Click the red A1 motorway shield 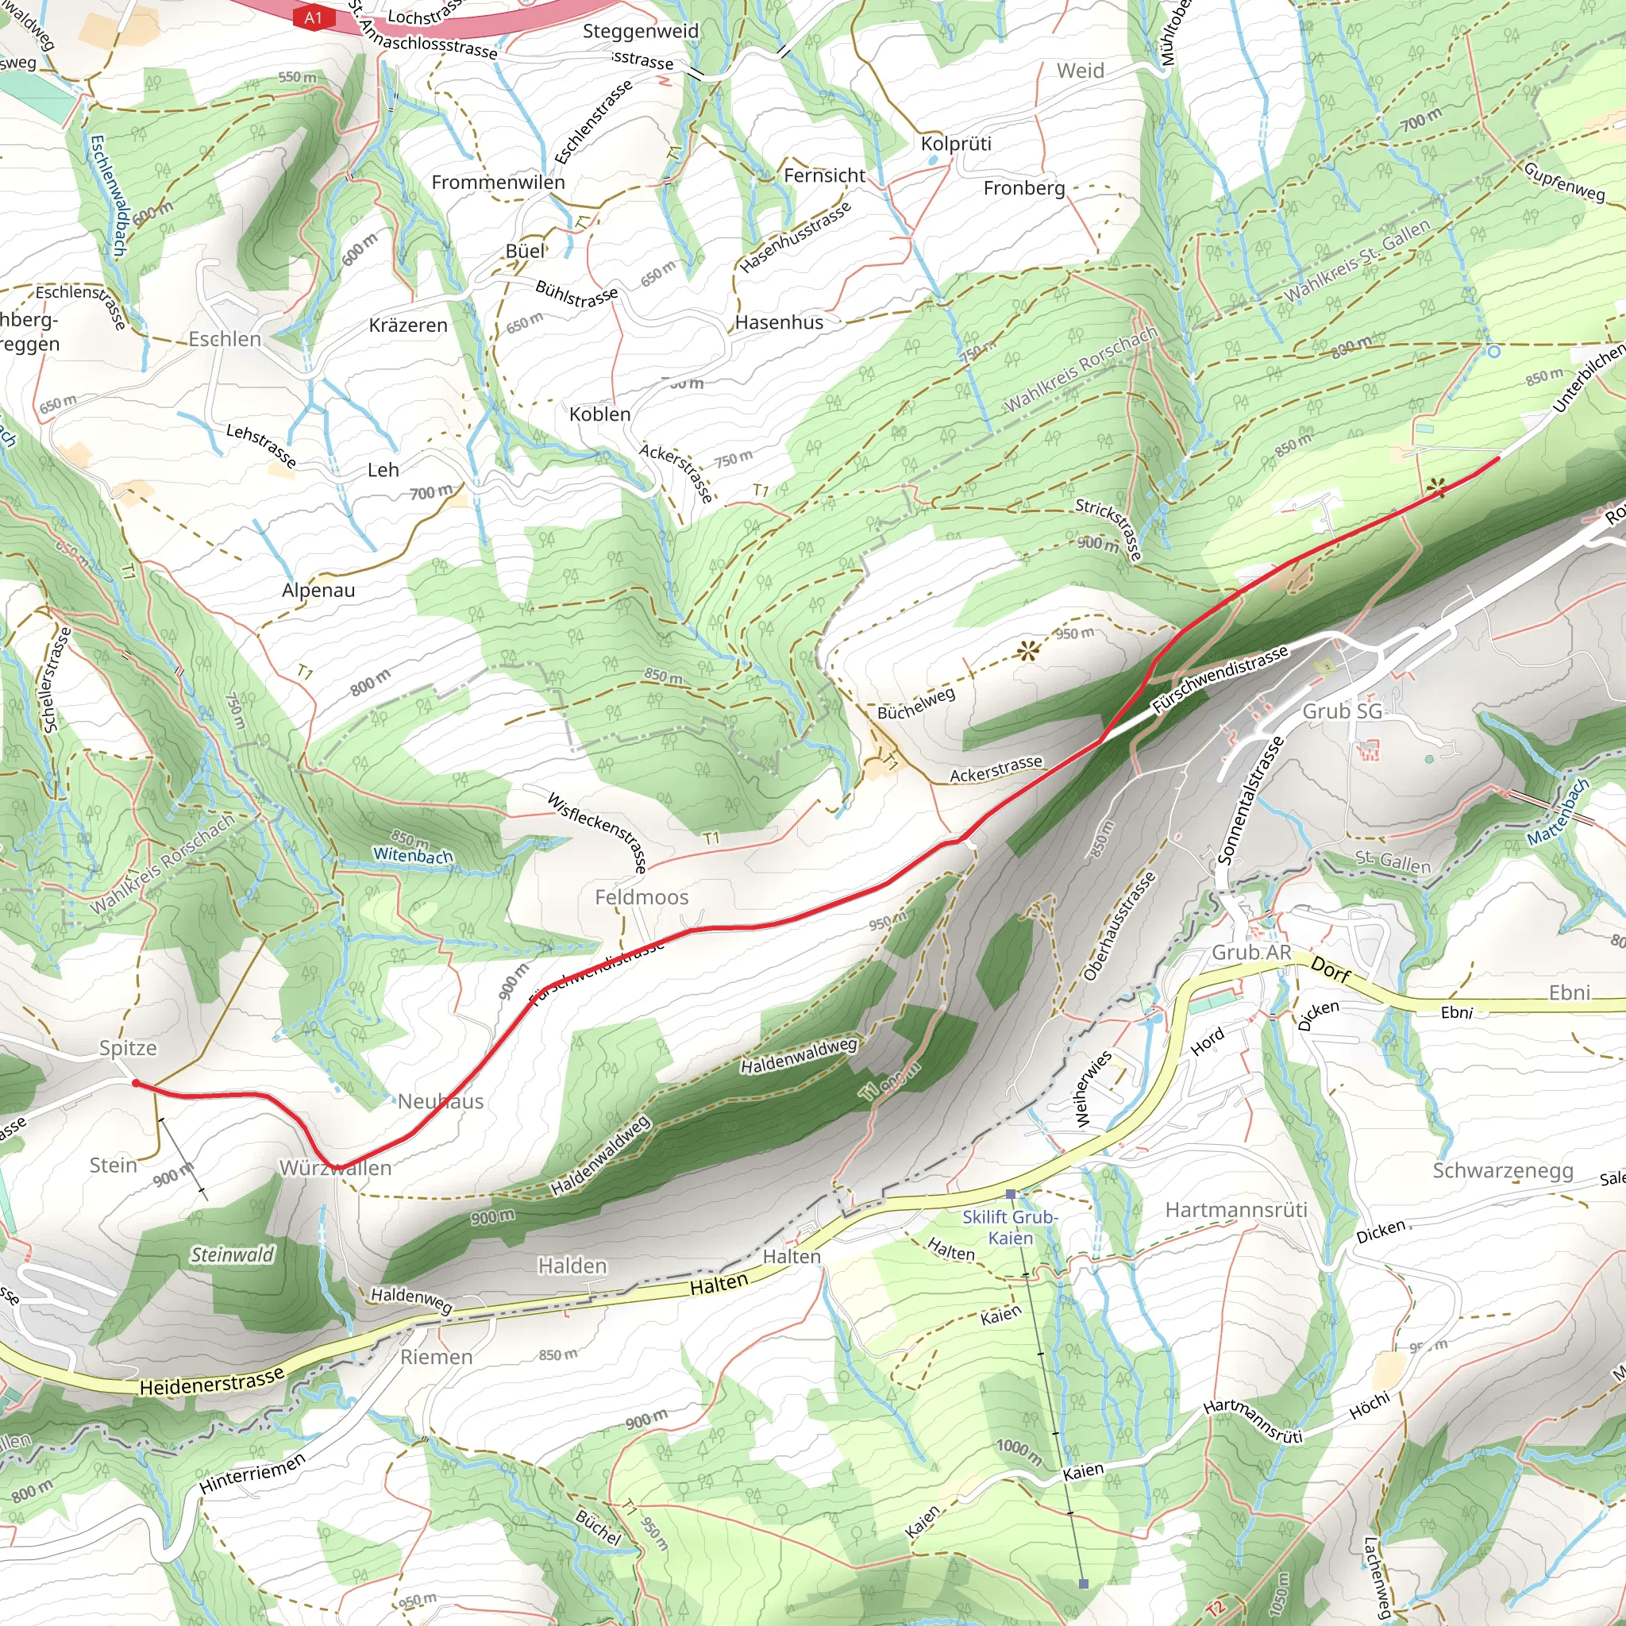tap(313, 17)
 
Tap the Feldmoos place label tap(642, 897)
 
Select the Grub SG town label tap(1342, 711)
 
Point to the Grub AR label tap(1250, 952)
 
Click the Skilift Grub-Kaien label tap(1010, 1227)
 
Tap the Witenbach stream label tap(412, 855)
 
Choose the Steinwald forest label tap(233, 1255)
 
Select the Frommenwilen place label tap(499, 183)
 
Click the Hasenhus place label tap(779, 322)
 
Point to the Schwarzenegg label tap(1502, 1171)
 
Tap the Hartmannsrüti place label tap(1235, 1210)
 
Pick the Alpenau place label tap(318, 590)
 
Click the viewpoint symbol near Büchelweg tap(1027, 649)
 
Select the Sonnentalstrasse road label tap(1250, 801)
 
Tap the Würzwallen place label tap(335, 1168)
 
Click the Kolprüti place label tap(955, 144)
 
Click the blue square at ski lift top tap(1083, 1584)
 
